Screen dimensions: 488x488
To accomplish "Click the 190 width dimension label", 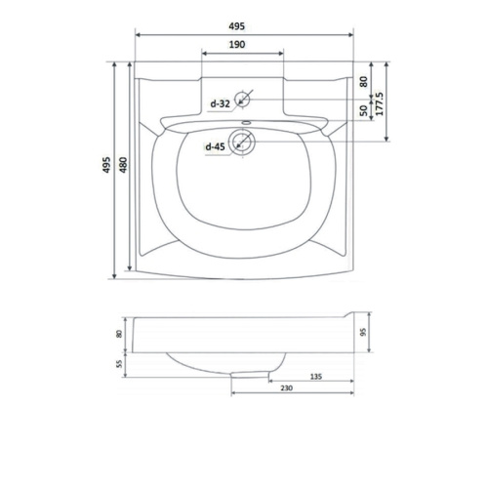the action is click(237, 44).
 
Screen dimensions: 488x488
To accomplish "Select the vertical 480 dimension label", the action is click(123, 165).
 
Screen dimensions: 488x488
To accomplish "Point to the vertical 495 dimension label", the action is click(106, 165).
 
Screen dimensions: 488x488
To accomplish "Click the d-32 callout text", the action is click(221, 103).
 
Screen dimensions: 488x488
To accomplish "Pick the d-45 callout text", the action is click(215, 146).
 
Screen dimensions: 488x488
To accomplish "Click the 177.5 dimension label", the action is click(380, 103).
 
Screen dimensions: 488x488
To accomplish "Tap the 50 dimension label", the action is click(364, 110).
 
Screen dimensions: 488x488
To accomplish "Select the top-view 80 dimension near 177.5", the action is click(364, 81).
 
